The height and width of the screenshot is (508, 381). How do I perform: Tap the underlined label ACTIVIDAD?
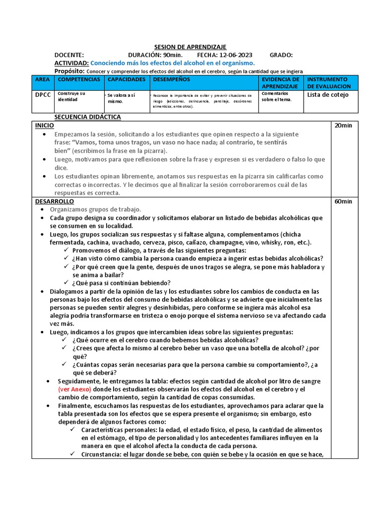click(71, 63)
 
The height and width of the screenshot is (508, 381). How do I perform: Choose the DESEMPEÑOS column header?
click(172, 79)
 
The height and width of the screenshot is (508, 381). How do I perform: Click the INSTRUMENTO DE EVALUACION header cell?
click(327, 83)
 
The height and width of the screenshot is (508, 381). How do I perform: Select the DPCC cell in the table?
click(42, 95)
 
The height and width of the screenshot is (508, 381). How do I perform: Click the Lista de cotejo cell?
click(328, 95)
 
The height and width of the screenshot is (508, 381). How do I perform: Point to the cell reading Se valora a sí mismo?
click(122, 98)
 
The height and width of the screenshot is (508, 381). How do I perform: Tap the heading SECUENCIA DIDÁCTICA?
click(88, 117)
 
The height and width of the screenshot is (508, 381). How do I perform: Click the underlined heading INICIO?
click(44, 126)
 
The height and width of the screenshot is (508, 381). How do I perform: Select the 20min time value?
click(343, 126)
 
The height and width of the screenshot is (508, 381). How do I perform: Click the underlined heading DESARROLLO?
click(54, 201)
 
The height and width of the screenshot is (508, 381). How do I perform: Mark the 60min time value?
click(343, 201)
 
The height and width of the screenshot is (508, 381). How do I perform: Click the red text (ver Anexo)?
click(74, 389)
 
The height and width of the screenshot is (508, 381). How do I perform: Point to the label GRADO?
click(281, 55)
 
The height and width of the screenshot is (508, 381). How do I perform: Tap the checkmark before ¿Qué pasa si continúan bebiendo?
click(66, 283)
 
